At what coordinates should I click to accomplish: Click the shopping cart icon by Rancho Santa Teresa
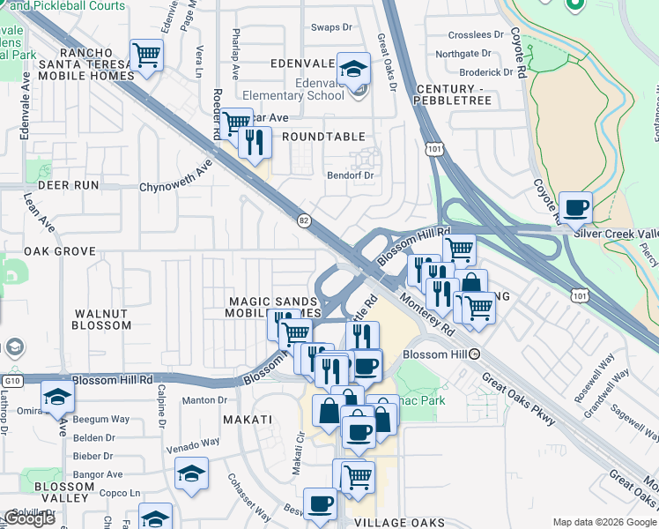tap(146, 56)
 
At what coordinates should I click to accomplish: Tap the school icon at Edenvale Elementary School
tap(353, 69)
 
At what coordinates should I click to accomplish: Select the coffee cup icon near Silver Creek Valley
tap(575, 208)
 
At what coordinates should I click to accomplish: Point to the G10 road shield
tap(11, 380)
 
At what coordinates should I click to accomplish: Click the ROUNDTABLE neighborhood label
tap(323, 137)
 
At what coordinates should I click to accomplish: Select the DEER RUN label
tap(61, 186)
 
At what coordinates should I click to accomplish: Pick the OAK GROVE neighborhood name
tap(60, 251)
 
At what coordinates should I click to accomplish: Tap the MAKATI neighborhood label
tap(247, 420)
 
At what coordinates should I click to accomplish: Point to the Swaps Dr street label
tap(331, 27)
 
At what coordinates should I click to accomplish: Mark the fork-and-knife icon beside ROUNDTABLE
tap(255, 141)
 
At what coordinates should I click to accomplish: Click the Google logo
tap(30, 518)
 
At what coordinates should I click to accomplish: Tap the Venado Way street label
tap(194, 442)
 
